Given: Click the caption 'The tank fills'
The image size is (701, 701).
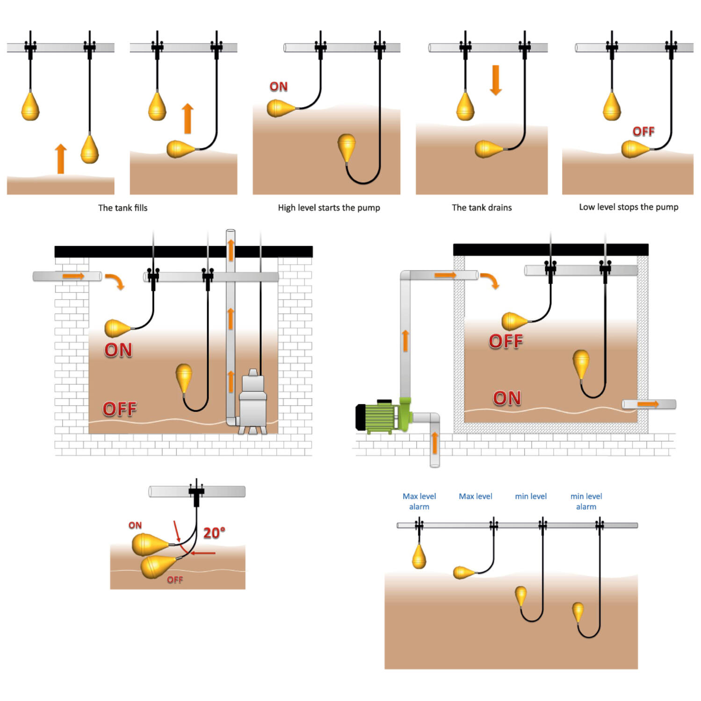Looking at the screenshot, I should (123, 207).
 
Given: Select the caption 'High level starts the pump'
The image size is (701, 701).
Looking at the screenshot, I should (329, 207).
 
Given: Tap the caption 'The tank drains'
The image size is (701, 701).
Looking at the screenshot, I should (482, 207).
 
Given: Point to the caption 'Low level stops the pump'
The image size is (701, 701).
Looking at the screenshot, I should (629, 207).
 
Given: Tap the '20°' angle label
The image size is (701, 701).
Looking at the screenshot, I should (214, 533).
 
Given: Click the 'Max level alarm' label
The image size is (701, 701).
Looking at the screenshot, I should (419, 501).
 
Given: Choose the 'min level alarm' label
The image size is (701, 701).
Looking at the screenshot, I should (586, 501).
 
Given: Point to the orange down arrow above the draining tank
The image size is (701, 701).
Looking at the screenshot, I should (496, 80).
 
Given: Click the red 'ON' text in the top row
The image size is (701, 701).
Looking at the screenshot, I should (279, 86).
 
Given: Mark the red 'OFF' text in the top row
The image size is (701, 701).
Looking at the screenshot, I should (643, 131).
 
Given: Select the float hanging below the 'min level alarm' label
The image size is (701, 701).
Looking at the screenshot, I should (578, 612).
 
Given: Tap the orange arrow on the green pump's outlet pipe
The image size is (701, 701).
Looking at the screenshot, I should (405, 341).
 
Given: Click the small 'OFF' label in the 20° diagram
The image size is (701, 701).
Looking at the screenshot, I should (175, 580).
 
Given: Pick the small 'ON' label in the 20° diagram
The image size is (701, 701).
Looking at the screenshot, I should (135, 525).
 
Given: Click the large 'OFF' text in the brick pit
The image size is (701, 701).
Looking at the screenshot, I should (120, 409).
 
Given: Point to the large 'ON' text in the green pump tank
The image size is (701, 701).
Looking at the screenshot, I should (507, 398).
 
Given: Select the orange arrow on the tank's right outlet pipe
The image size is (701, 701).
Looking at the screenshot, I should (648, 404).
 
